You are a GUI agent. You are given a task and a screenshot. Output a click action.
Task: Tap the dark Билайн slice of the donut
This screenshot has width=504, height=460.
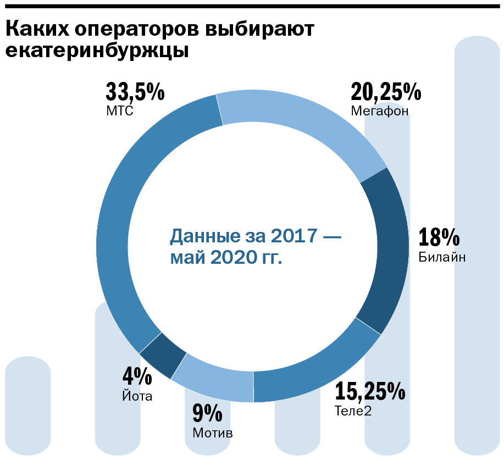click(387, 250)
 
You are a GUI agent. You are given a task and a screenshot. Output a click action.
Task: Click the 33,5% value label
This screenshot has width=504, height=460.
click(135, 92)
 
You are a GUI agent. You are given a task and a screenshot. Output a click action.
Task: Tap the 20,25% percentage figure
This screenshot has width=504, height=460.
click(386, 92)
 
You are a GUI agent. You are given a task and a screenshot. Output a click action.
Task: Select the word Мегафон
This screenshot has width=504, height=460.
click(380, 111)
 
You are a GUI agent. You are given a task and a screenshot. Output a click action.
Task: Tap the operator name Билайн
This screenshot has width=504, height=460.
click(442, 257)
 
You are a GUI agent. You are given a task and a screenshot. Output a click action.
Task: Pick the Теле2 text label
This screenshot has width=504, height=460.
click(352, 410)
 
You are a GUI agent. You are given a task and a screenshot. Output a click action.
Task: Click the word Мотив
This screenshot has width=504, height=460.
click(212, 433)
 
